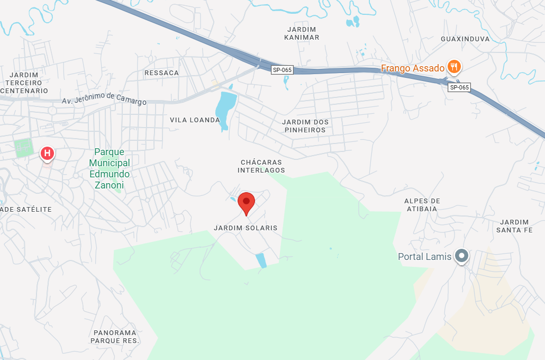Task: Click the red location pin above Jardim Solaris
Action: pos(246,202)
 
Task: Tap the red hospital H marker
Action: pos(47,154)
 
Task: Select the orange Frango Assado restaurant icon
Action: pos(453,67)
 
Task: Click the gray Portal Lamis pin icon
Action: pos(462,256)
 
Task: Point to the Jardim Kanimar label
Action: pos(302,33)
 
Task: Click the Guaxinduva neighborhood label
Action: pos(465,39)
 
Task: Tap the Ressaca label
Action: pos(161,73)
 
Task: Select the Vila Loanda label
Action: pos(194,120)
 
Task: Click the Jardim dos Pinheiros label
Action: pos(306,126)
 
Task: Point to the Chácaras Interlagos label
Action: pos(261,166)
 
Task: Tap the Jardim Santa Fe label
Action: pos(514,226)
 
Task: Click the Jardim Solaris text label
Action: pos(246,228)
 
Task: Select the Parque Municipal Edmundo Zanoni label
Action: pos(109,168)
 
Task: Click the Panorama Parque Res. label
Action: pos(115,337)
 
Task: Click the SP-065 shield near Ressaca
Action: pos(282,70)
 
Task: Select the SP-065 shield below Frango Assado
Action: pos(459,87)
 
